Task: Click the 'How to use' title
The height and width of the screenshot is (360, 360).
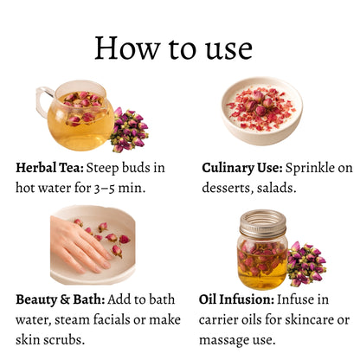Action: [174, 48]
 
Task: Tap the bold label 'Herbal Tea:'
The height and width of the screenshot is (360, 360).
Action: [49, 168]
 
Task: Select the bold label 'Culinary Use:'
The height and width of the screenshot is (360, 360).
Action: [242, 168]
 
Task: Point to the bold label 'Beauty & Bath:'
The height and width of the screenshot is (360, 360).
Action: [61, 299]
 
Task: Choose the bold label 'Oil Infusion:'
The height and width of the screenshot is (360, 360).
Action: [236, 299]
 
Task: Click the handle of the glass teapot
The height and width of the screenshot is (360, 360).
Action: [43, 101]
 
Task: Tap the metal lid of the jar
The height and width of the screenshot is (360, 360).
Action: [263, 224]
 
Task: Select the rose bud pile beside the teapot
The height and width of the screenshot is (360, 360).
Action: [129, 130]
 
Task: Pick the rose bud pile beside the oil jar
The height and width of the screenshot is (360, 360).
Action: [306, 264]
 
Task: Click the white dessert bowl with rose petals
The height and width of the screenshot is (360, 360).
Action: [262, 111]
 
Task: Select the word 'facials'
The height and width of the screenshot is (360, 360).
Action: [112, 319]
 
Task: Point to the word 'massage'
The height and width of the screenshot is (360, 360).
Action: [224, 340]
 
